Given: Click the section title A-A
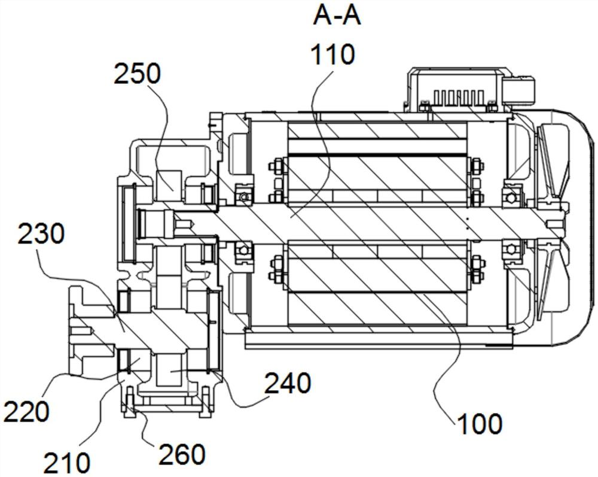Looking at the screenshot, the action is (336, 16).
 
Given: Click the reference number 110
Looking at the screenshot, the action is (333, 54).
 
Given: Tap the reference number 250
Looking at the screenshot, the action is (138, 74).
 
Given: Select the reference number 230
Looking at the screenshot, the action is (41, 234).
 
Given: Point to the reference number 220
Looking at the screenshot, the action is (26, 411).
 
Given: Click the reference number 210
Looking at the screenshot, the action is (67, 463).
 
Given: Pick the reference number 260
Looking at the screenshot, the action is (182, 454).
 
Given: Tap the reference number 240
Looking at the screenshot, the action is (288, 383).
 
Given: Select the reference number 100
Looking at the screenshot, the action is (480, 424).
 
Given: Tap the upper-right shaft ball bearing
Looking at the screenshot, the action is (511, 195).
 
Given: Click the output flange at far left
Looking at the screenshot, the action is (91, 330).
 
